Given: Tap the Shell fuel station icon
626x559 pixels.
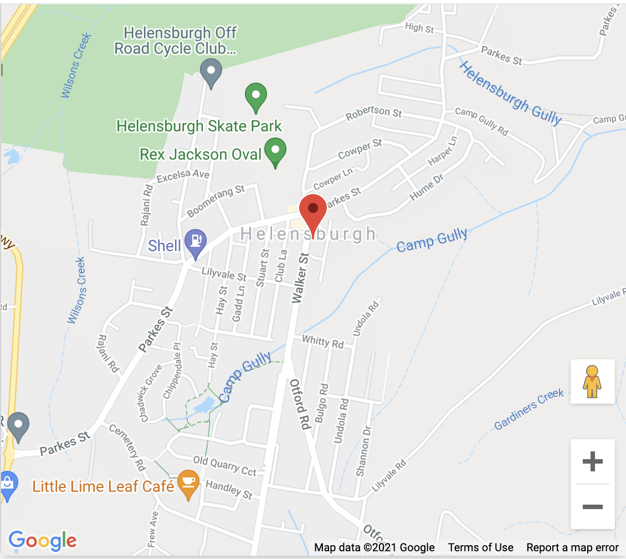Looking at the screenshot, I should [x=195, y=242].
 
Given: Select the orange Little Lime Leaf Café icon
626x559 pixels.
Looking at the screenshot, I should [x=189, y=484].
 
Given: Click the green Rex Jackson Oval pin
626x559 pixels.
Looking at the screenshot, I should [x=275, y=151].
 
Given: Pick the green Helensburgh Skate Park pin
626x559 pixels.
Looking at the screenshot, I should [x=256, y=96].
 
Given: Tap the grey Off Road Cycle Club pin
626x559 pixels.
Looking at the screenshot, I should [x=211, y=72].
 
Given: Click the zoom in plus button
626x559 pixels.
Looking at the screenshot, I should [x=592, y=461].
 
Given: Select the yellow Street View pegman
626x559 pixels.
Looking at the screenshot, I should [x=592, y=382].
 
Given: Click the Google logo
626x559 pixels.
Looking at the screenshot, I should [x=43, y=540].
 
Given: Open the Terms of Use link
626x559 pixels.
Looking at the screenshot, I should [x=480, y=548].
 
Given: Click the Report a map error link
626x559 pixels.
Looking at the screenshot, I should [x=572, y=548].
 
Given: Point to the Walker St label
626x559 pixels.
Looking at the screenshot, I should [x=300, y=278].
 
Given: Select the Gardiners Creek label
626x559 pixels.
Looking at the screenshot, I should [x=529, y=409].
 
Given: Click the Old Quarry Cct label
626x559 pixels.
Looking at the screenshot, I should [x=224, y=465].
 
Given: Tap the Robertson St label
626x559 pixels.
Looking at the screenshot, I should [x=374, y=113].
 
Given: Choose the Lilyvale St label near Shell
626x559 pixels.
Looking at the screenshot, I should [x=224, y=274].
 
